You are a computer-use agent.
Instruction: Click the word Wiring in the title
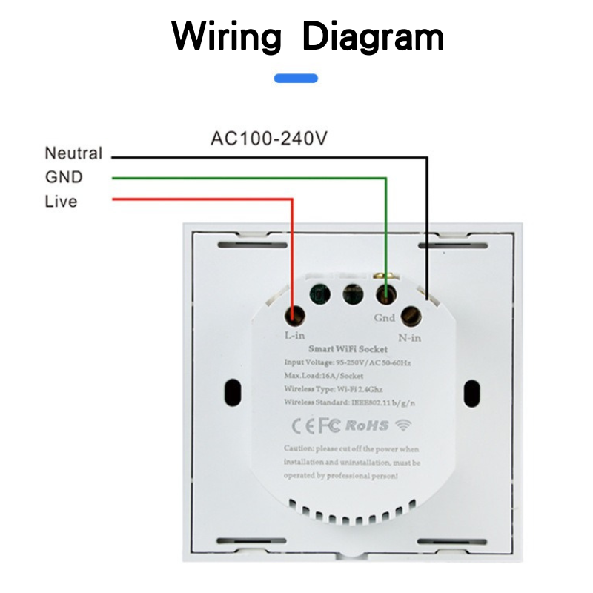click(227, 36)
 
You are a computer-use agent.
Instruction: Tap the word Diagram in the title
click(374, 36)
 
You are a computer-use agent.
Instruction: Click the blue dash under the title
click(296, 78)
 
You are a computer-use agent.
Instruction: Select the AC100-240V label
click(269, 139)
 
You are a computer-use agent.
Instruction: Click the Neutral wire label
click(73, 154)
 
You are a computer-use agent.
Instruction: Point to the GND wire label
click(64, 178)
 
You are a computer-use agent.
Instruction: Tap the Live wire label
click(61, 202)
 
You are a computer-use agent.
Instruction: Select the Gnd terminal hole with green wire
click(385, 294)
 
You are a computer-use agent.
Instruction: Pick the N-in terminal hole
click(411, 317)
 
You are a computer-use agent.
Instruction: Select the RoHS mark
click(368, 425)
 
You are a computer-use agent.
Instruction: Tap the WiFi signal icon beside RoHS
click(403, 425)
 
